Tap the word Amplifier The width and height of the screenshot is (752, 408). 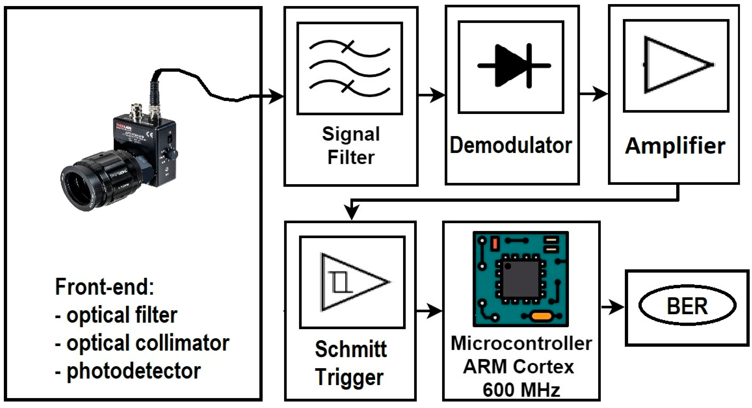tap(675, 146)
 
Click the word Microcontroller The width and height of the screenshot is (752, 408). tap(521, 343)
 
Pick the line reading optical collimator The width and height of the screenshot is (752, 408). tap(142, 343)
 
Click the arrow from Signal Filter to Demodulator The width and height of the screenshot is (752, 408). tap(431, 95)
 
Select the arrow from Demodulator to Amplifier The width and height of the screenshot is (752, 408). tap(594, 94)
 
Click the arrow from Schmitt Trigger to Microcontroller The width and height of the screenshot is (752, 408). tap(429, 311)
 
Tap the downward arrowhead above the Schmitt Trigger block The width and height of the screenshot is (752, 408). tap(352, 211)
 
